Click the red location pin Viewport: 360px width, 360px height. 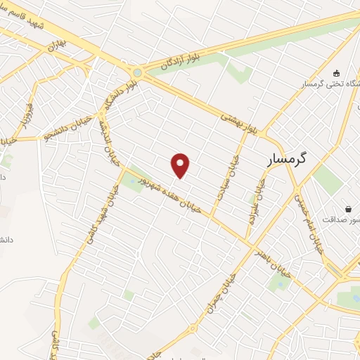(181, 165)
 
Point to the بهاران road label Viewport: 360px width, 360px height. (56, 48)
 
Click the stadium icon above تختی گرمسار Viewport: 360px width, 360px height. (335, 72)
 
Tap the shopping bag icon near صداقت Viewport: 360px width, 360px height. (349, 209)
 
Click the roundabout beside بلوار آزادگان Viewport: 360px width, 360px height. (137, 72)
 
